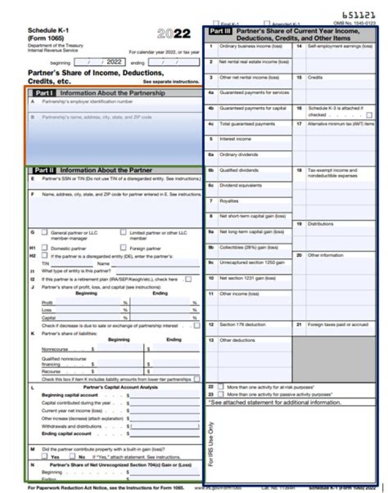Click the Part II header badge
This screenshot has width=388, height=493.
(x=45, y=170)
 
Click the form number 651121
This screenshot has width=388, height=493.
(x=359, y=16)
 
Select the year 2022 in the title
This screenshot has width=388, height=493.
(x=174, y=34)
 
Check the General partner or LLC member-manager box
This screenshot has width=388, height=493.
(x=45, y=233)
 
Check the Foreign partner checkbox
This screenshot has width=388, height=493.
(x=123, y=248)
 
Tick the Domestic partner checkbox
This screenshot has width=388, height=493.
(x=45, y=248)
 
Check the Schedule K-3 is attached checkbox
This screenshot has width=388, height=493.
(x=369, y=115)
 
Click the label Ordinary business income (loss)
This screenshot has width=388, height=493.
(x=251, y=46)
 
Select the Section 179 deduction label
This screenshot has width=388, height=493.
(x=242, y=325)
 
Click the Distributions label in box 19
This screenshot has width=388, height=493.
(x=321, y=224)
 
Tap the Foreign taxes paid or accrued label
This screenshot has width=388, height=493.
(x=338, y=325)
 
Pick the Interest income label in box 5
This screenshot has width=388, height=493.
(x=235, y=139)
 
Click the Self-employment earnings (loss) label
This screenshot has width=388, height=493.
(x=340, y=46)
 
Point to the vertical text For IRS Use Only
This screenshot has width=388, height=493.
(x=210, y=443)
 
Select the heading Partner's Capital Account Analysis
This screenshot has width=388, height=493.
(x=121, y=387)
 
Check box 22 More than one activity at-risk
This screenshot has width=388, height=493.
(x=220, y=387)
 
